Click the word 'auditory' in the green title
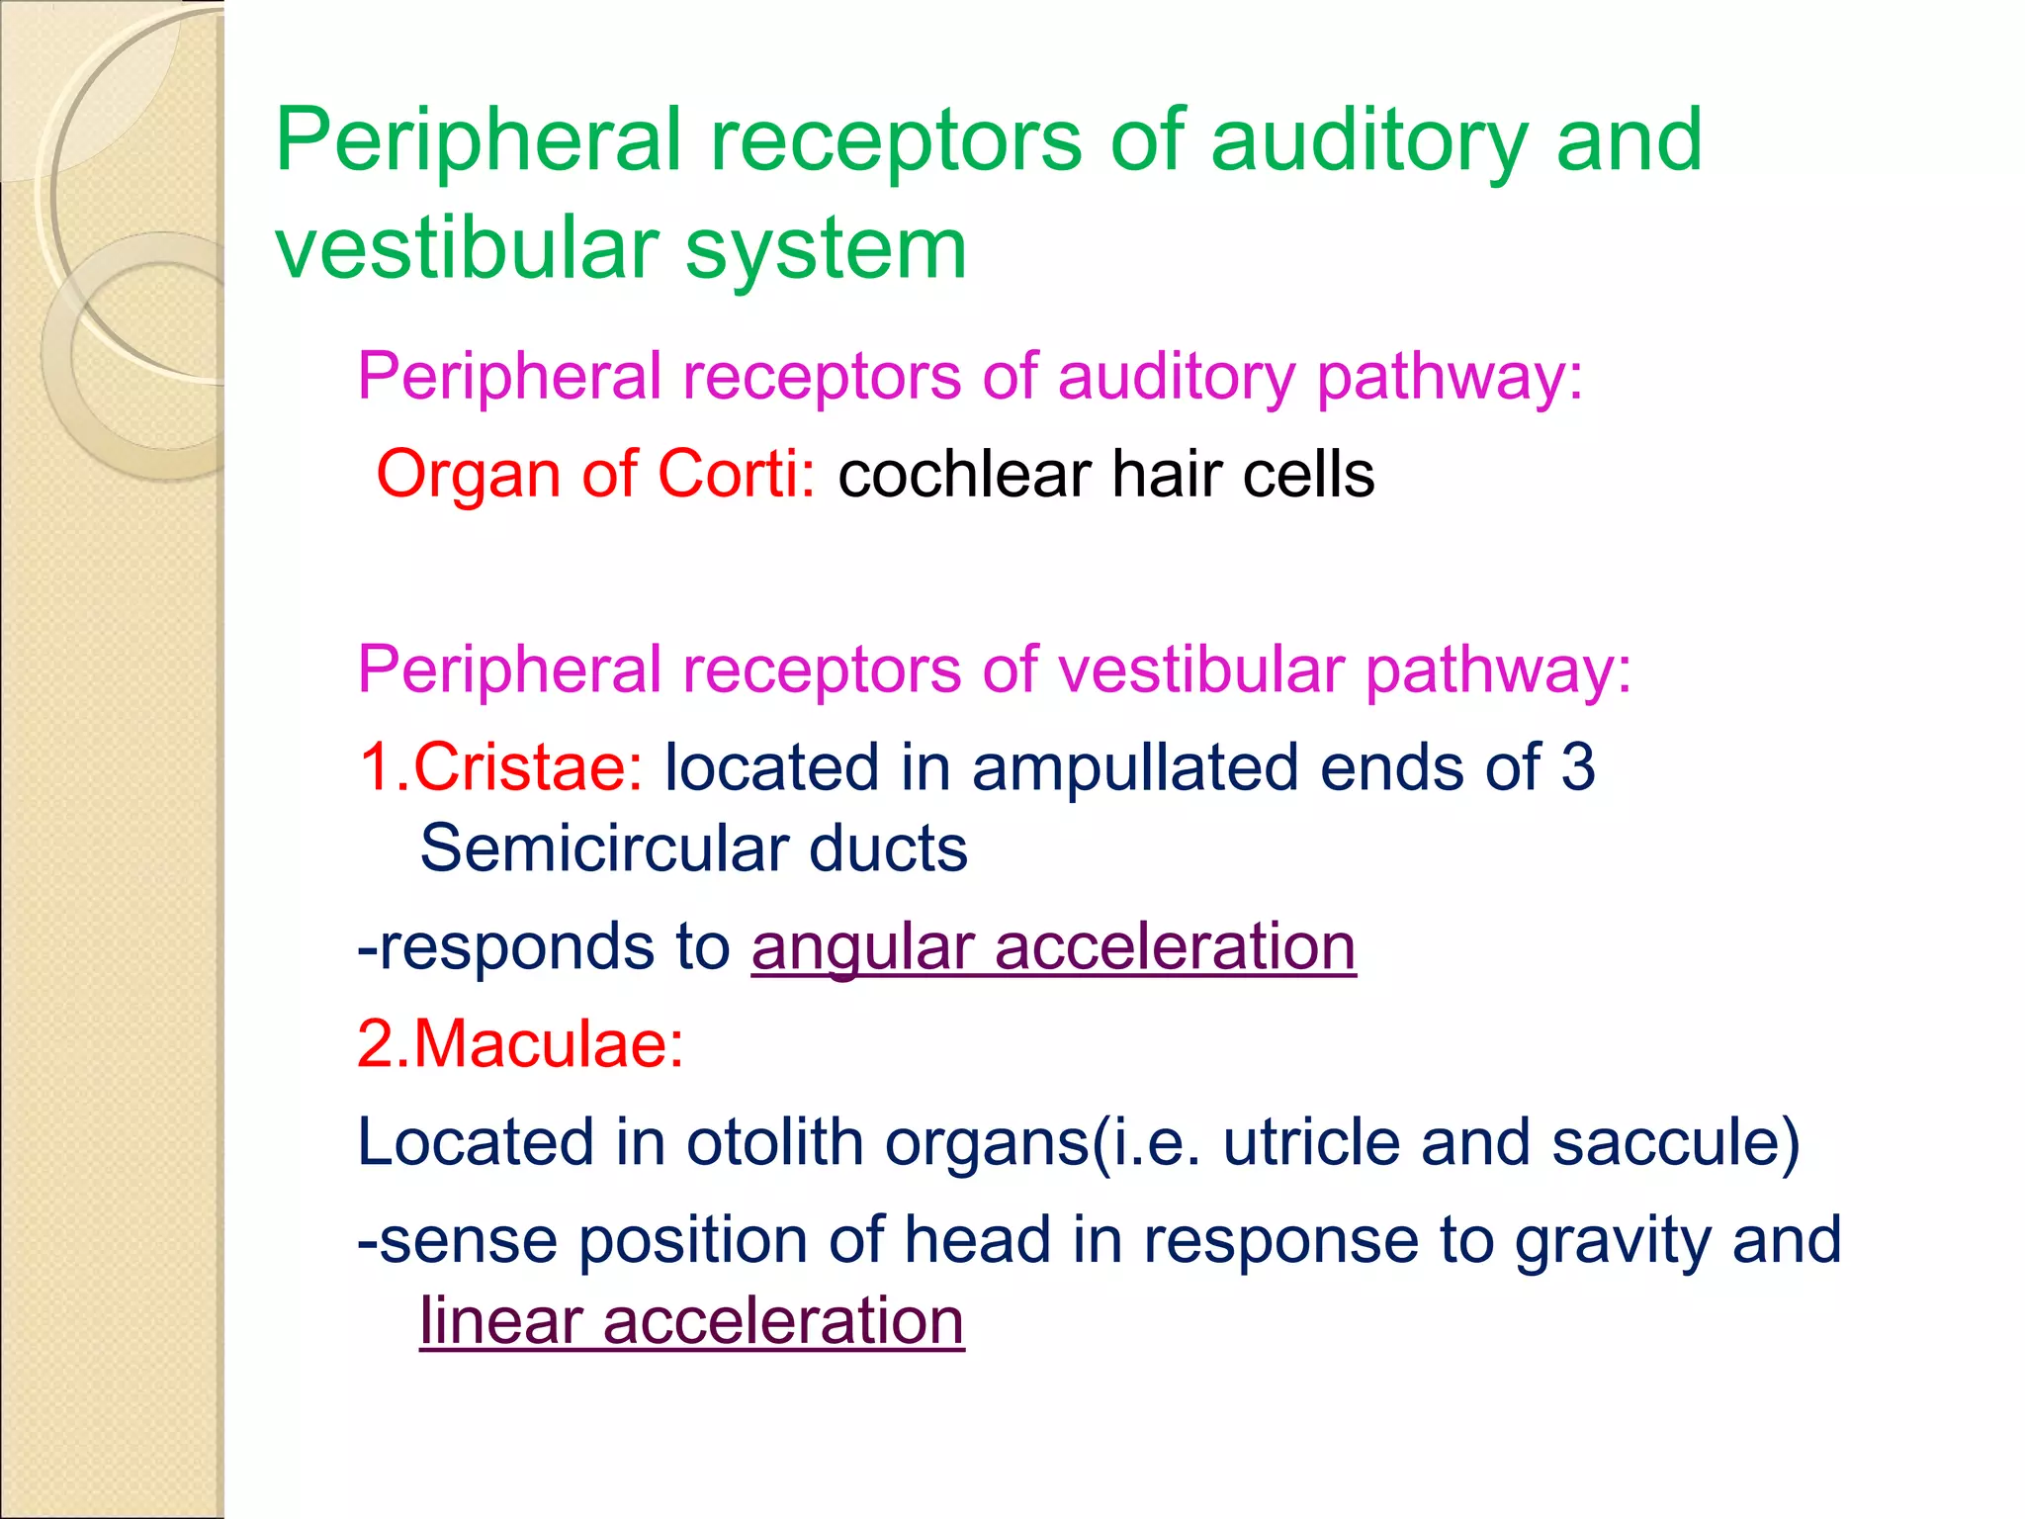pyautogui.click(x=1368, y=141)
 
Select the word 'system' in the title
pyautogui.click(x=826, y=249)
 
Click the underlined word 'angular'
pyautogui.click(x=863, y=947)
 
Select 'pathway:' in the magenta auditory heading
pyautogui.click(x=1450, y=377)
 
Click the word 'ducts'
pyautogui.click(x=888, y=848)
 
